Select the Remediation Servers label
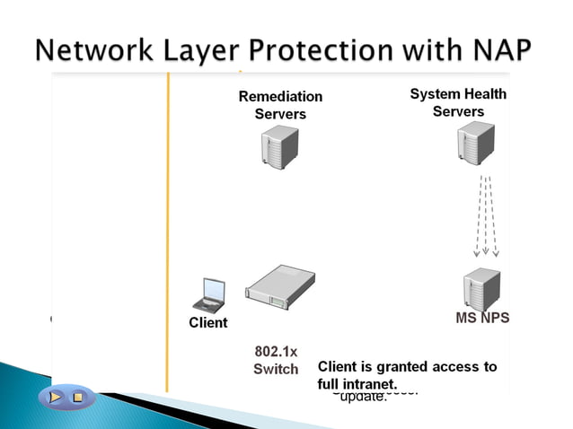tap(280, 105)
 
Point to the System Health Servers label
tap(458, 102)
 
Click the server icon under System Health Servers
tap(475, 144)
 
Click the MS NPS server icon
tap(480, 288)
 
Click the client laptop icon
tap(211, 294)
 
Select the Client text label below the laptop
tap(208, 322)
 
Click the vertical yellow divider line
tap(168, 224)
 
